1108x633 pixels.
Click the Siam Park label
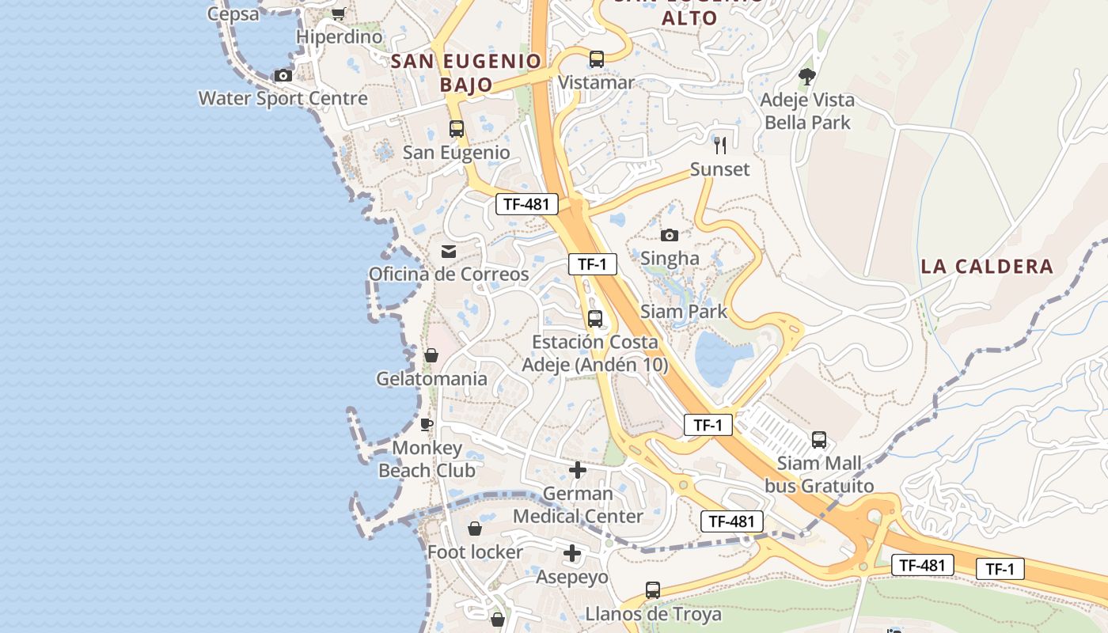pos(684,311)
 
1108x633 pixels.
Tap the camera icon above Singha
pos(670,235)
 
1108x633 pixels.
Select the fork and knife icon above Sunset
pos(719,145)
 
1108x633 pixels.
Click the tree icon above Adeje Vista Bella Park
pos(807,77)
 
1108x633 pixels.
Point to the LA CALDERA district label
pos(987,267)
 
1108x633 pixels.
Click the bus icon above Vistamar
pos(596,59)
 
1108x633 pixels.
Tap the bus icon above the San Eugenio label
pos(457,129)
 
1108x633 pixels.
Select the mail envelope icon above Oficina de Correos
pos(449,252)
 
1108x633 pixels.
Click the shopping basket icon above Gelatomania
pos(431,355)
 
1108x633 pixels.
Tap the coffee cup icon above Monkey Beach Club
pos(427,425)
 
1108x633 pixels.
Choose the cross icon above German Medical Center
pos(578,470)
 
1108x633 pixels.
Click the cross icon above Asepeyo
pos(572,553)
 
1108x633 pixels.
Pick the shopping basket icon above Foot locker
pos(475,529)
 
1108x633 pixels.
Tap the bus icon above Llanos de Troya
pos(653,590)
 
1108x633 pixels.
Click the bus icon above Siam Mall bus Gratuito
pos(819,439)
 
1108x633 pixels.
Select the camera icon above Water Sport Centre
pos(283,76)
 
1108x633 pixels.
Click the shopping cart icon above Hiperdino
pos(339,13)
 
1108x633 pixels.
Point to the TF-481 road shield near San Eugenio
pos(526,204)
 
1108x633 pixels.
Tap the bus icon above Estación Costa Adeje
pos(595,319)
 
